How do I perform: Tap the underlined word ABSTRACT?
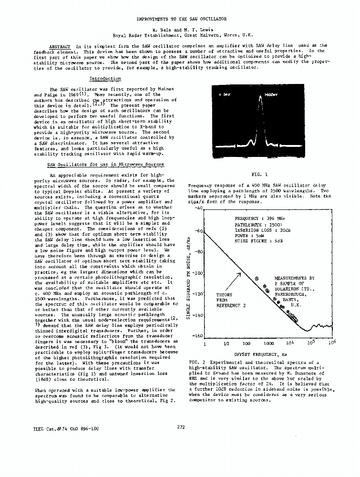tap(60, 46)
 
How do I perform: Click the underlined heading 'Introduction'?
tap(105, 79)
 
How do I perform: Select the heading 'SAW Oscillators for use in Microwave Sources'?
tap(105, 165)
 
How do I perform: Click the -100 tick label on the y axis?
tap(197, 274)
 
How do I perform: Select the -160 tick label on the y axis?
tap(197, 336)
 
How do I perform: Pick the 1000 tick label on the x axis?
tap(268, 343)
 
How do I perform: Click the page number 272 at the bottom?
tap(181, 426)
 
